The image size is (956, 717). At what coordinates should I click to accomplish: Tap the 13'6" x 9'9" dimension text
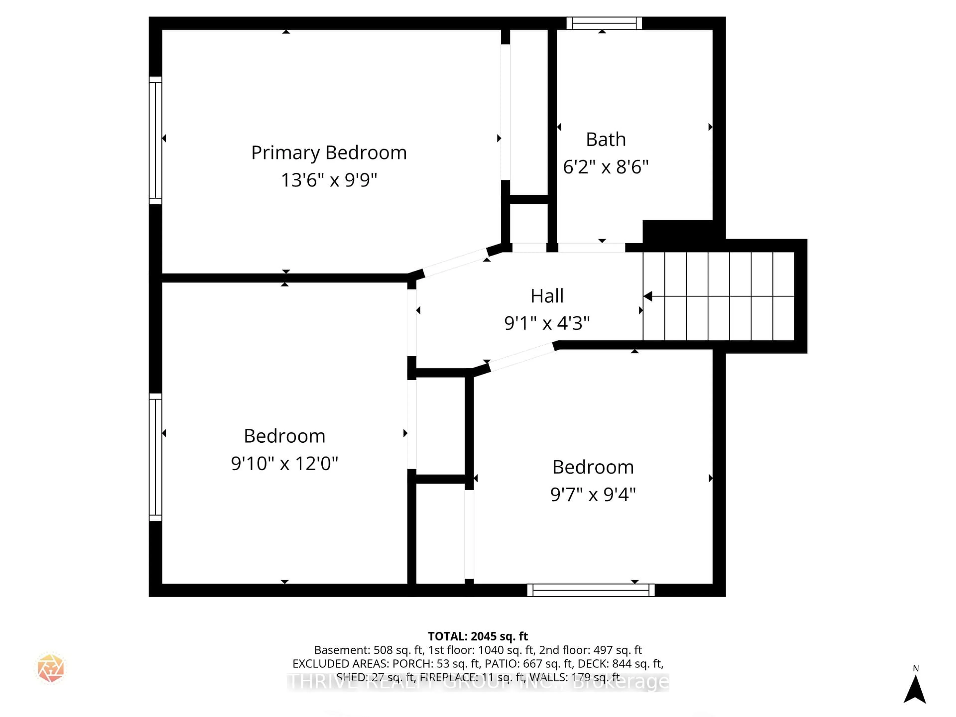tap(329, 180)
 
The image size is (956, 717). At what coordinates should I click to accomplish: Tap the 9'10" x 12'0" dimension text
tap(284, 463)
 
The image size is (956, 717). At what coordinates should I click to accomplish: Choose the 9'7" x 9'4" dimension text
tap(593, 494)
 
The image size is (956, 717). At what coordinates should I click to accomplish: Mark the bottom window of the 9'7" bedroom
tap(591, 590)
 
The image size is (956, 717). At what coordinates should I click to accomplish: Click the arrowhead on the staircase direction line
tap(648, 296)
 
